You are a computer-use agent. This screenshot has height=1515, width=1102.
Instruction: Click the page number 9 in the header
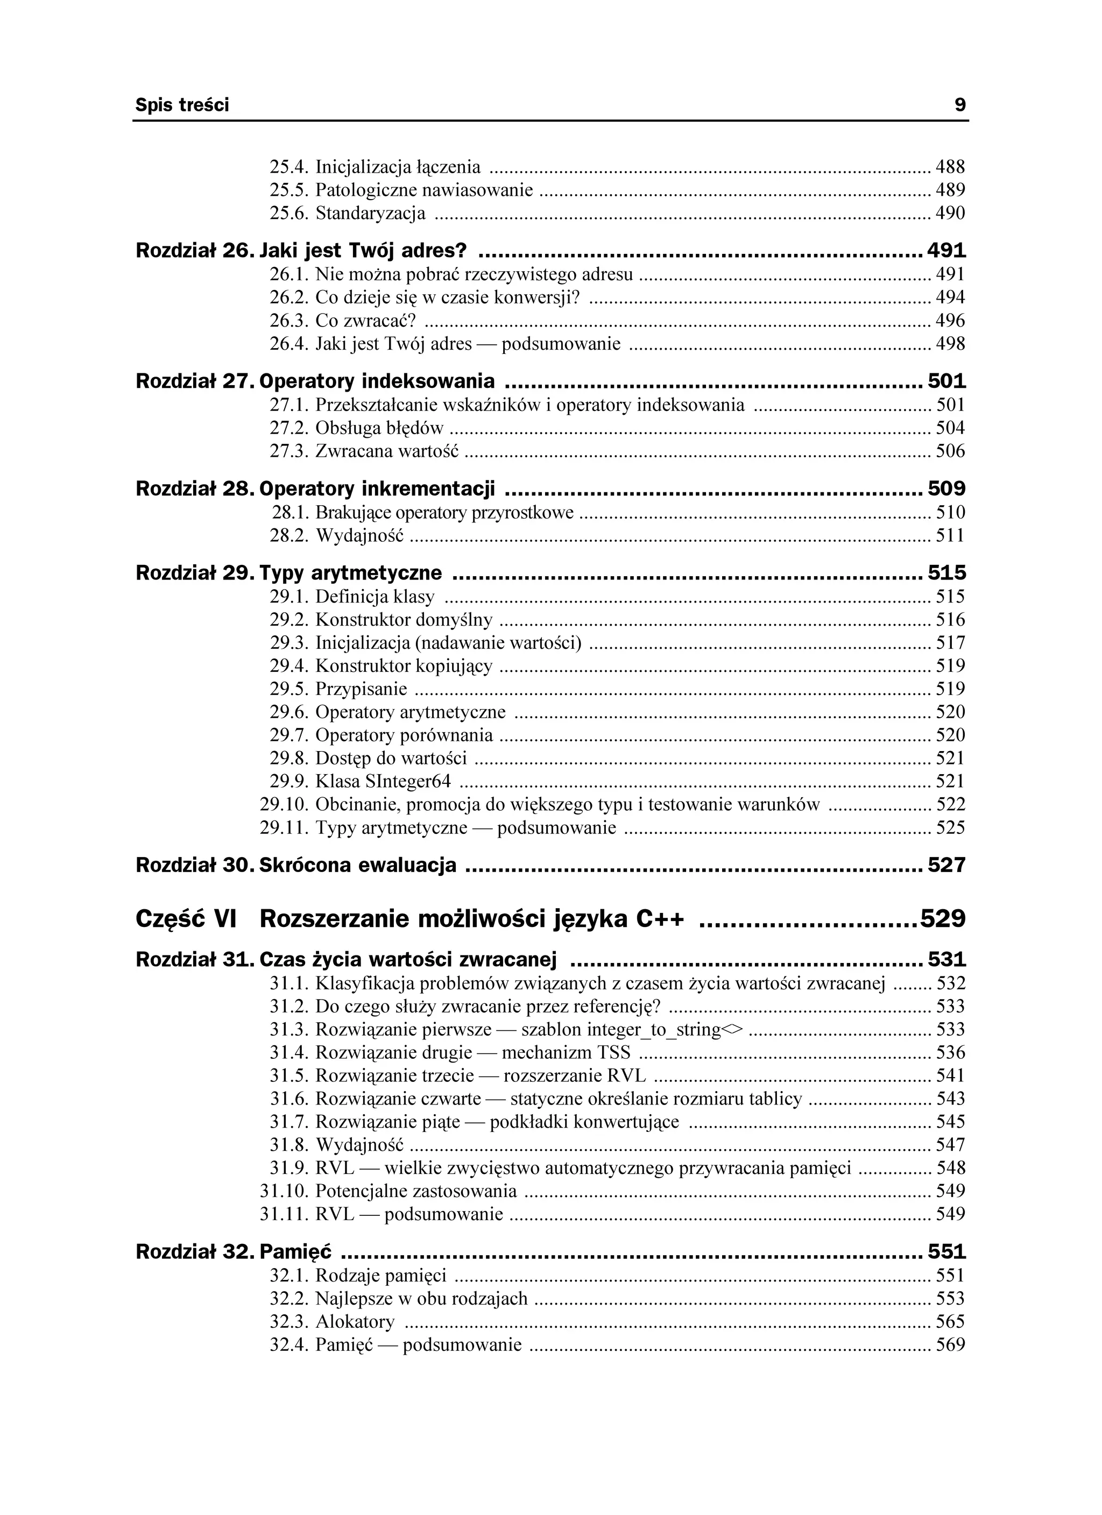(959, 105)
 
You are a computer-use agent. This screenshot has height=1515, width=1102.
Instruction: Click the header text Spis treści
(182, 105)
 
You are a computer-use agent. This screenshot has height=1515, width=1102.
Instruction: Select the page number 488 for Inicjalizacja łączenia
(950, 167)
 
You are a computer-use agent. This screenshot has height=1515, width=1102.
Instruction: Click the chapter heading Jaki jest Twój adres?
(362, 251)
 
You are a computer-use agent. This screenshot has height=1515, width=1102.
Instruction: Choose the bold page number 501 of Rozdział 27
(946, 381)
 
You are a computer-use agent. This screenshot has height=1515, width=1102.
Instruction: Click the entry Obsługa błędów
(379, 428)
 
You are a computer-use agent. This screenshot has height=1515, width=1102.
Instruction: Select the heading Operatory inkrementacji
(377, 489)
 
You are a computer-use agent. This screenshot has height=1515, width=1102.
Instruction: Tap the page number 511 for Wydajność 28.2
(950, 536)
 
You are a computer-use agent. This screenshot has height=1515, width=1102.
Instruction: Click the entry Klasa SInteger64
(383, 781)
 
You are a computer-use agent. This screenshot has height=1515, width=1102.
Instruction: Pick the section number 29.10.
(284, 804)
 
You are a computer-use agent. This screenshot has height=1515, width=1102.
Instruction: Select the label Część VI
(186, 919)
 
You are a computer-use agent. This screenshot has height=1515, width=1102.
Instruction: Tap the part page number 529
(943, 919)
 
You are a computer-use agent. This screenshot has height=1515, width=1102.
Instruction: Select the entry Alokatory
(355, 1321)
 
